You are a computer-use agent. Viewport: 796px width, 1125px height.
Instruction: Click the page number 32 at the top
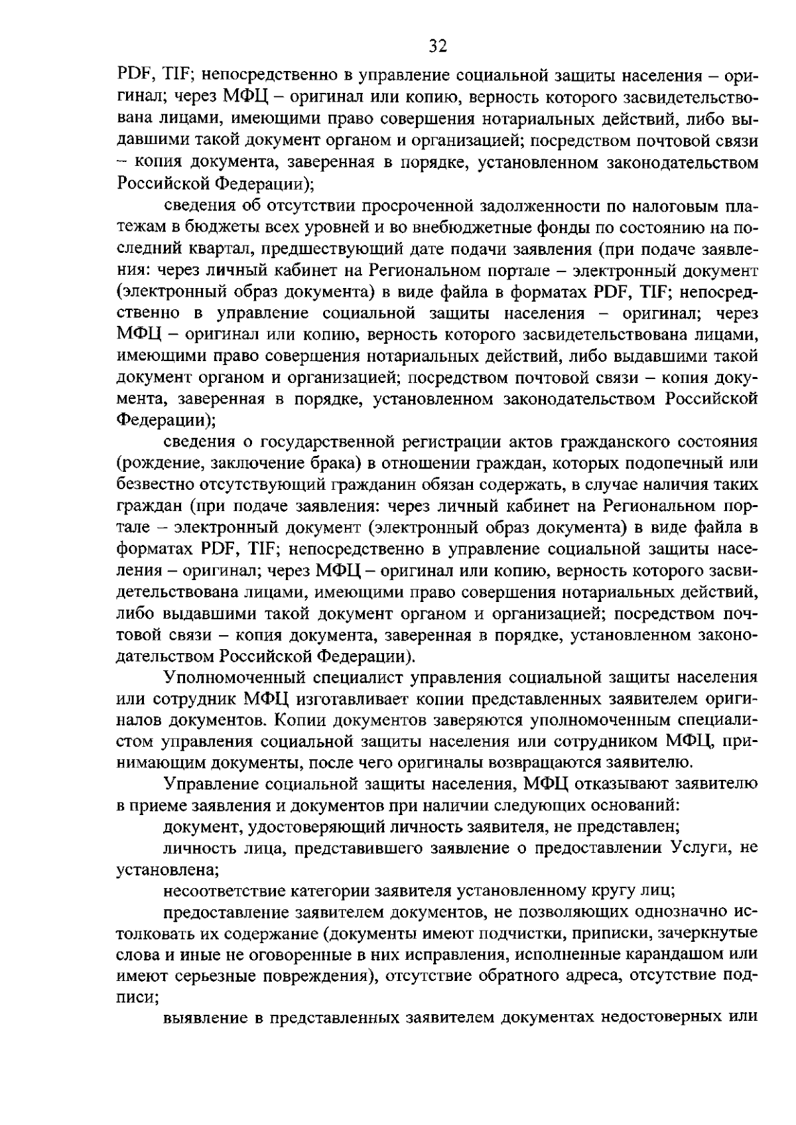(438, 46)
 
